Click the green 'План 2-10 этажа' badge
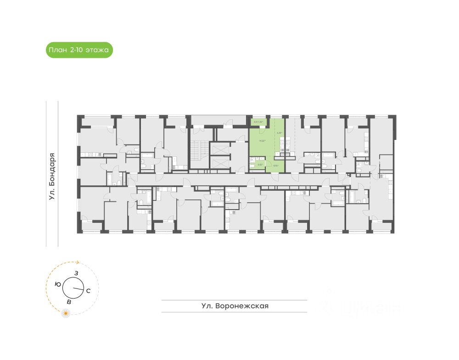coord(79,49)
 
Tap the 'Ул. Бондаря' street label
coord(52,176)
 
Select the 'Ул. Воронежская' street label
coord(235,306)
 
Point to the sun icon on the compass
coord(67,313)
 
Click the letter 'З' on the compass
coord(76,273)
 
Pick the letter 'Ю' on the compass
coord(57,284)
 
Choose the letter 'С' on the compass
coord(89,290)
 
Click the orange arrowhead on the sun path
coord(78,263)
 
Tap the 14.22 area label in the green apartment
coord(263,141)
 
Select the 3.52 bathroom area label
coord(260,164)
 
